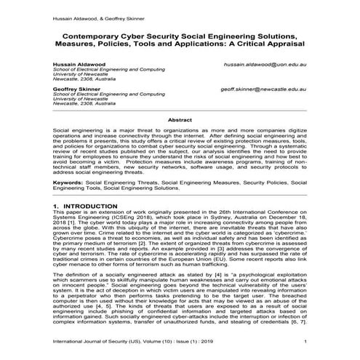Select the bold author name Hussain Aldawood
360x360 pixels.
pos(78,64)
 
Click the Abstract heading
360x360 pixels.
pos(180,119)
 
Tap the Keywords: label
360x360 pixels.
pos(68,183)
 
